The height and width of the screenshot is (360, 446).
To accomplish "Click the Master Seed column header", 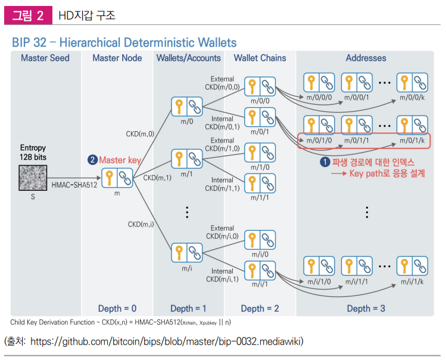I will (45, 58).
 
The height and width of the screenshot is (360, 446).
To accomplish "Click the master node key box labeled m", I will (117, 178).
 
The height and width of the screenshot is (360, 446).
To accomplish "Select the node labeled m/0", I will (187, 107).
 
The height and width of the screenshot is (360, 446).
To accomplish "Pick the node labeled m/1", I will (187, 159).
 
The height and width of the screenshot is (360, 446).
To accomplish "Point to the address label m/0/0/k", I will (412, 97).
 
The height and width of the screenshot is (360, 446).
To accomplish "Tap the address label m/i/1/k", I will (412, 280).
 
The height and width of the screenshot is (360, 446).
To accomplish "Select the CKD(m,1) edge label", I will (157, 178).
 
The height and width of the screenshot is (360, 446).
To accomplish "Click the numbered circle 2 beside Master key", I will (92, 160).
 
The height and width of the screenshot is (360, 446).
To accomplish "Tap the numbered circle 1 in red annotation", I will (325, 162).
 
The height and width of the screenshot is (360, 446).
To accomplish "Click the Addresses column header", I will (366, 58).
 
